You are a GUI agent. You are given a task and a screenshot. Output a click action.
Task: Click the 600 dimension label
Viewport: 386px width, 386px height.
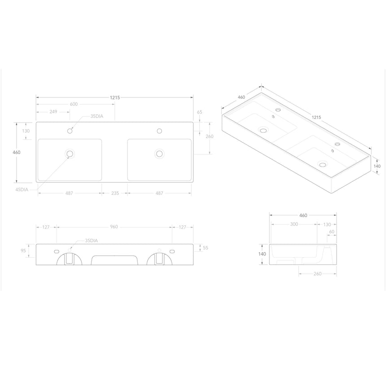click(x=74, y=104)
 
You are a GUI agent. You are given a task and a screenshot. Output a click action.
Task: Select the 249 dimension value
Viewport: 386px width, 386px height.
click(x=53, y=112)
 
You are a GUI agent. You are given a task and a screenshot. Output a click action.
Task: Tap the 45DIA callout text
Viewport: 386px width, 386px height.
click(x=22, y=190)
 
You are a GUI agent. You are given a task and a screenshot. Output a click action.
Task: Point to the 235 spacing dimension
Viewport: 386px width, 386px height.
click(x=114, y=193)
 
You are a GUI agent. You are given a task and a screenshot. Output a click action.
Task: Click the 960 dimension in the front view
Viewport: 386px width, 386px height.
click(x=114, y=227)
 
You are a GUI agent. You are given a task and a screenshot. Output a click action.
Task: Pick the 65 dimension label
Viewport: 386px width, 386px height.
click(x=199, y=112)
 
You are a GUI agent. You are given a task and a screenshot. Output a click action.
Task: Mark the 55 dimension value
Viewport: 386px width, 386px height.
click(x=205, y=248)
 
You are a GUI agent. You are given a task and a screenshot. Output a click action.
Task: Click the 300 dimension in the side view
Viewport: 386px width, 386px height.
click(x=294, y=224)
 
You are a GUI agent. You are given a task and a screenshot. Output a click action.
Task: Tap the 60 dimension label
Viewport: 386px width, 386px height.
click(x=331, y=232)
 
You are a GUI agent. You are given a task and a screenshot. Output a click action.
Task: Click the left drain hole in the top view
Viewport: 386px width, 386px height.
click(x=70, y=154)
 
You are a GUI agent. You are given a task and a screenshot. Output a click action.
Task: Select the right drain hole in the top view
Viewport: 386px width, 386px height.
click(x=159, y=154)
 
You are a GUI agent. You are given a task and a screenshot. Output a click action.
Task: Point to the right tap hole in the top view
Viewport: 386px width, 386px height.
click(x=159, y=131)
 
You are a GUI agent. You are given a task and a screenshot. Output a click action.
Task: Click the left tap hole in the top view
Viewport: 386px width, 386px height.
click(x=70, y=131)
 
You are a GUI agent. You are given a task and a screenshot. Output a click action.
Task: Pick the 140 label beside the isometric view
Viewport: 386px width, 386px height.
click(x=377, y=166)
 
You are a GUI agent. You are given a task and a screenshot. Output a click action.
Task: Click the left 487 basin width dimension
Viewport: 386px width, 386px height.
click(x=70, y=193)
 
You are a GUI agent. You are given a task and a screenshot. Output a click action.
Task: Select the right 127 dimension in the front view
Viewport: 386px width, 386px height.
click(x=182, y=227)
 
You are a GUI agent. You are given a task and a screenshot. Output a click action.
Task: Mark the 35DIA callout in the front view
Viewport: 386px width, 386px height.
click(x=92, y=241)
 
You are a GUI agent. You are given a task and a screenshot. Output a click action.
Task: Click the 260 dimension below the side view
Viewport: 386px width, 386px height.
click(x=317, y=274)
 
